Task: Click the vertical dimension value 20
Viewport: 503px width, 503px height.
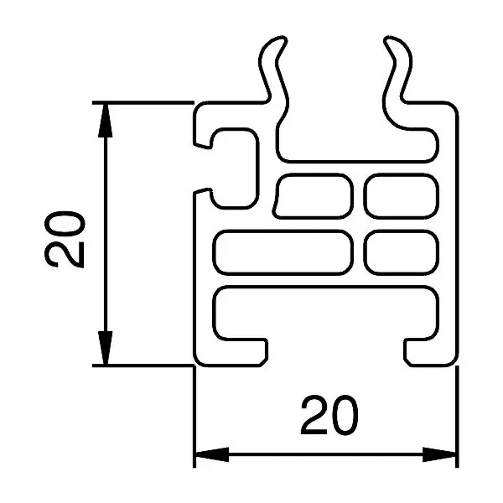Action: tap(65, 239)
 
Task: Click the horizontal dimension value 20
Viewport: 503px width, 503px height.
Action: tap(329, 415)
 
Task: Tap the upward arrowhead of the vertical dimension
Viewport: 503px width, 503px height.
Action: tap(106, 120)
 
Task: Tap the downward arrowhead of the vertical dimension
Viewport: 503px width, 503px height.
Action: tap(106, 348)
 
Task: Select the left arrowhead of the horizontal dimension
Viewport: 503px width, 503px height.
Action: tap(212, 454)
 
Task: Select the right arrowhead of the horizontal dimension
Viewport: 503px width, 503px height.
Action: tap(439, 454)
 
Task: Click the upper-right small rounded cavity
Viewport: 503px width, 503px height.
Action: tap(402, 196)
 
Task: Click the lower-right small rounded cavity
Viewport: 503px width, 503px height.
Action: tap(402, 253)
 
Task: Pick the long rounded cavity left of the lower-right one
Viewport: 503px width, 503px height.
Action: tap(283, 253)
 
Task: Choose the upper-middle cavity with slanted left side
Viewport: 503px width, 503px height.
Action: tap(313, 196)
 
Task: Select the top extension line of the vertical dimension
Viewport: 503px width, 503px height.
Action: tap(143, 102)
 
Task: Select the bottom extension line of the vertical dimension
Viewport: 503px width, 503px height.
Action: tap(143, 366)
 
